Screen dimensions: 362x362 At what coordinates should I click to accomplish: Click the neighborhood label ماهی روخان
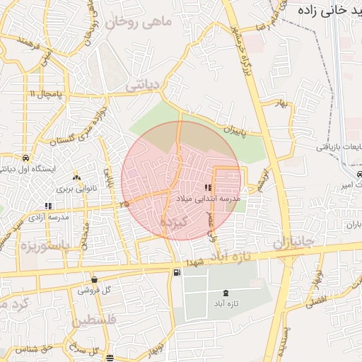pyautogui.click(x=139, y=23)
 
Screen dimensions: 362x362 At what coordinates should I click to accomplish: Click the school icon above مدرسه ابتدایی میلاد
pyautogui.click(x=208, y=187)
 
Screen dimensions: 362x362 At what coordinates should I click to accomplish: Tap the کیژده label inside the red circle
pyautogui.click(x=173, y=223)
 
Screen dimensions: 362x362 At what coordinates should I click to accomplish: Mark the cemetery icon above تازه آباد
pyautogui.click(x=226, y=292)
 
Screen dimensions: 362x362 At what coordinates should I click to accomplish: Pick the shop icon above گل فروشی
pyautogui.click(x=94, y=279)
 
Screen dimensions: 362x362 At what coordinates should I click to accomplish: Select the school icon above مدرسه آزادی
pyautogui.click(x=49, y=206)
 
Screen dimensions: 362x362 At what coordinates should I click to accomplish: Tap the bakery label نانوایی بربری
pyautogui.click(x=76, y=190)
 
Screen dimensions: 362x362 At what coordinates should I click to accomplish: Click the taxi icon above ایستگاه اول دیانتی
pyautogui.click(x=26, y=158)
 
